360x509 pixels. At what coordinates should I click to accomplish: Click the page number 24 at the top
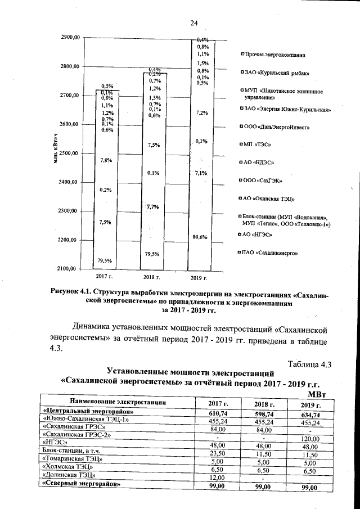coord(194,23)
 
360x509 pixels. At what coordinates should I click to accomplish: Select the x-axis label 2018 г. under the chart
coord(152,277)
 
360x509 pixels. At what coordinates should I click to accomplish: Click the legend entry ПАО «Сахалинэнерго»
coord(270,253)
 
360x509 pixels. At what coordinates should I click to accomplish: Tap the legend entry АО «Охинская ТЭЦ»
coord(269,199)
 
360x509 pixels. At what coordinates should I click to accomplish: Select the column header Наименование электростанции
coord(118,402)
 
